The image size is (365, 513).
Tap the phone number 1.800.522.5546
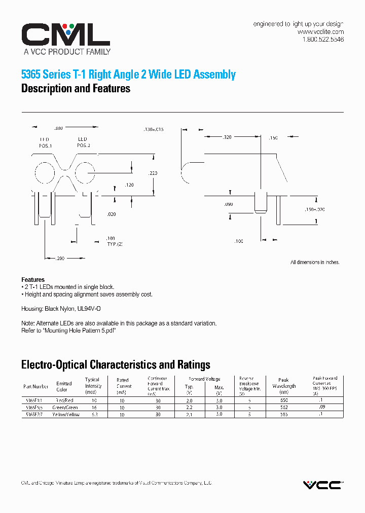tap(323, 40)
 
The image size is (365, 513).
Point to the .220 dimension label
tap(153, 173)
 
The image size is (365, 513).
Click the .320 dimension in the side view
tap(227, 137)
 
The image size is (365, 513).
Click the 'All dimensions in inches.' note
tap(315, 262)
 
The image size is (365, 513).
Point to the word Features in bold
tap(33, 280)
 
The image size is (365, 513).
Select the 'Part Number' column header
tap(36, 386)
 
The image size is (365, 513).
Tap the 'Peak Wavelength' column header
tap(283, 383)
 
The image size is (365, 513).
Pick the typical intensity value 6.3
tap(93, 415)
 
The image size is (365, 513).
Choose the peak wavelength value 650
tap(283, 400)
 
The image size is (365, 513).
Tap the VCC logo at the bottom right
tap(322, 485)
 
